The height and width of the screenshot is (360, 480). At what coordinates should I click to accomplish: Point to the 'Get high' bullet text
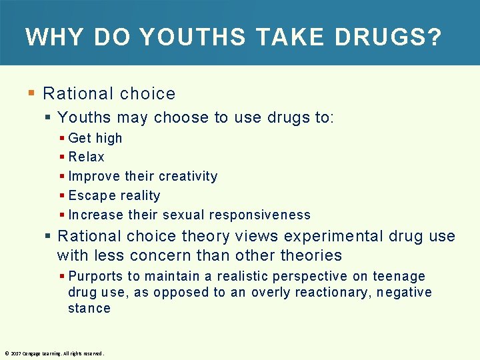(95, 138)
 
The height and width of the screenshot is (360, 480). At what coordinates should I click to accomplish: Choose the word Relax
(87, 157)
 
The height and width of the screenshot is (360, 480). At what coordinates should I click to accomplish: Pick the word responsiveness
(260, 215)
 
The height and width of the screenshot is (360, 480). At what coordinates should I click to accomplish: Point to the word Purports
(96, 277)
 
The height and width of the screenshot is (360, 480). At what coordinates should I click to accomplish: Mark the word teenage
(399, 276)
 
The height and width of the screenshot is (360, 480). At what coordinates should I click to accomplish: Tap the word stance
(89, 308)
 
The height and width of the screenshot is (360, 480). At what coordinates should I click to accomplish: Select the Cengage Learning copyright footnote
(54, 353)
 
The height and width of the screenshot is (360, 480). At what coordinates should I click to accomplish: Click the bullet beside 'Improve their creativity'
(62, 177)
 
